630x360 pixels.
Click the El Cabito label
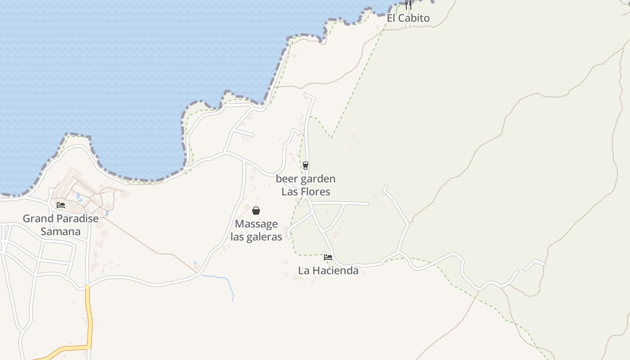click(408, 18)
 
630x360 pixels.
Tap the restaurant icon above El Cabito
click(408, 4)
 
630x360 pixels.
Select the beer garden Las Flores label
click(306, 185)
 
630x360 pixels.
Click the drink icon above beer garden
click(306, 166)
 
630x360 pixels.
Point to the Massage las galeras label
click(256, 230)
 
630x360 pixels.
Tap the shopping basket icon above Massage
click(256, 211)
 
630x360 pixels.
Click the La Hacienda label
click(328, 270)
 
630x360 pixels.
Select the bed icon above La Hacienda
click(328, 257)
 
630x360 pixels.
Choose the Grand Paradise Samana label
click(60, 225)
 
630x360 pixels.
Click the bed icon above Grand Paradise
click(61, 205)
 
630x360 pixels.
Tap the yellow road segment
click(89, 315)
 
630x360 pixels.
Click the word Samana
click(60, 232)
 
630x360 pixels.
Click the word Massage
click(256, 224)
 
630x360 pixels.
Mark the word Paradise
click(77, 219)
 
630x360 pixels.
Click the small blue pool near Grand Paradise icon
click(79, 197)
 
